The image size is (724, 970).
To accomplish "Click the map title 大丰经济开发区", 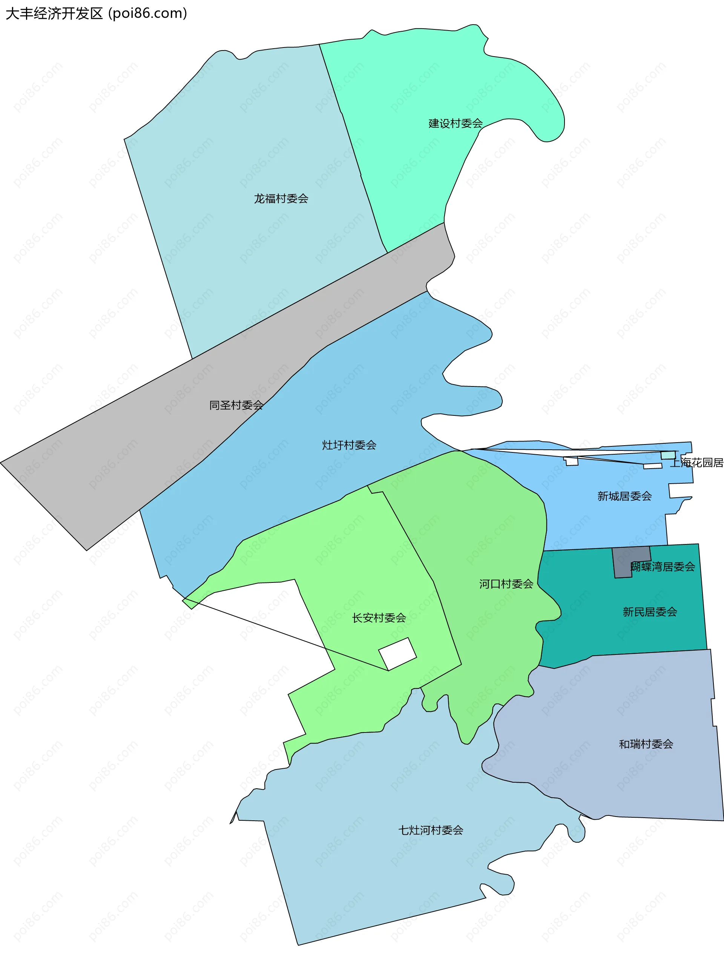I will point(54,14).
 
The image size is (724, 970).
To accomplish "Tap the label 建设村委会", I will point(456,124).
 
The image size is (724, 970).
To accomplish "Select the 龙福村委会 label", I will point(281,199).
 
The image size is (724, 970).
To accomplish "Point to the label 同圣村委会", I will point(236,405).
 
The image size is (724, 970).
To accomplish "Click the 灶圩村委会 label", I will point(349,445).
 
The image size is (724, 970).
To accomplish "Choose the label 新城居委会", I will point(624,496).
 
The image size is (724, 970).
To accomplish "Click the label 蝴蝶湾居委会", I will point(663,567).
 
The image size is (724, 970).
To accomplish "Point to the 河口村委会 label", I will point(506,584).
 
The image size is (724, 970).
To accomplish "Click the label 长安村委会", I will point(379,618).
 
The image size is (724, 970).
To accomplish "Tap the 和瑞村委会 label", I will point(646,744).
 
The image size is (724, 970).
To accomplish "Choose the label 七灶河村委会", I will point(430,830).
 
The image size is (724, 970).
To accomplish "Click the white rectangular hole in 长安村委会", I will point(397,654).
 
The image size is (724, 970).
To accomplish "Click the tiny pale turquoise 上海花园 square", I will point(668,455).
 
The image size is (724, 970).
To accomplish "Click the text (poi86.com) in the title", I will point(148,14).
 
